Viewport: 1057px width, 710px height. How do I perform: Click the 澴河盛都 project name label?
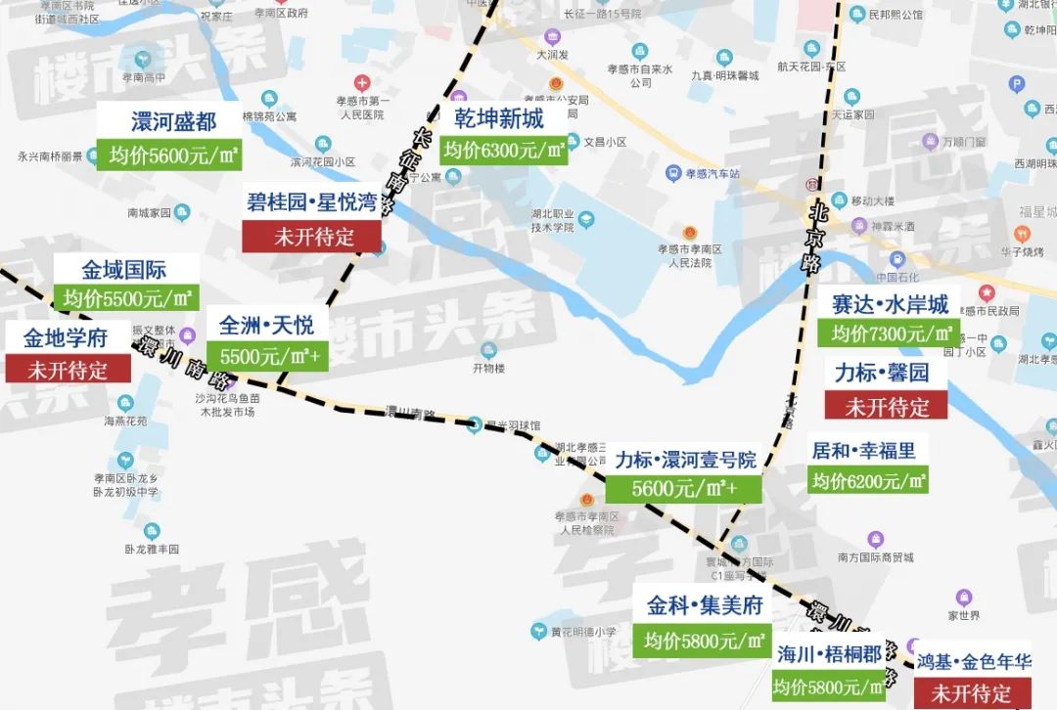173,121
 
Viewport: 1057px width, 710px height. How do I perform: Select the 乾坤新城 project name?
498,118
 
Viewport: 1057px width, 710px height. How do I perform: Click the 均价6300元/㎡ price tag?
503,150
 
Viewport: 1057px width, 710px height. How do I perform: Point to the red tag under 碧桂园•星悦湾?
313,236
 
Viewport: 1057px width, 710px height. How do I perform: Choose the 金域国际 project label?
123,270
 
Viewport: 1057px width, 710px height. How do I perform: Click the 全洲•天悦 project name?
266,324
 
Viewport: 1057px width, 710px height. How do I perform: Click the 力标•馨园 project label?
881,373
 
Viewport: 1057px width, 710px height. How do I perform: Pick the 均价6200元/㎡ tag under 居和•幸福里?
868,480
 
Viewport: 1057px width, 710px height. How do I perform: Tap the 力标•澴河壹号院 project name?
685,459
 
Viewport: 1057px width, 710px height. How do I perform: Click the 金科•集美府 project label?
704,606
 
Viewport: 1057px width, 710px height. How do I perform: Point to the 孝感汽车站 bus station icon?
673,173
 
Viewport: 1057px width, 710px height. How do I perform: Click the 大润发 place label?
553,56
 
